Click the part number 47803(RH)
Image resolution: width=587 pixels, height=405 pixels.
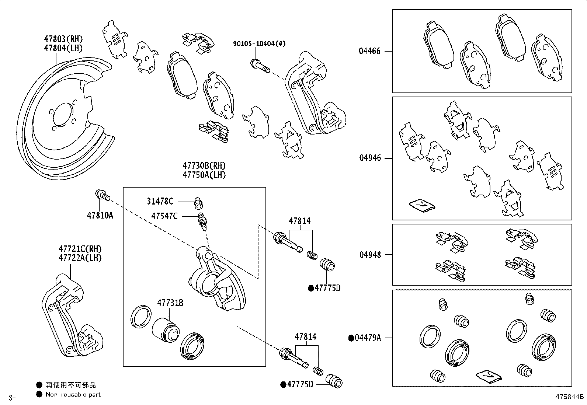click(x=63, y=39)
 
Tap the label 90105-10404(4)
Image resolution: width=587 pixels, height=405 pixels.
click(x=259, y=43)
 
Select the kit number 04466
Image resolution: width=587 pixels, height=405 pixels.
click(x=369, y=51)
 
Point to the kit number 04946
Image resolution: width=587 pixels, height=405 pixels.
click(x=370, y=158)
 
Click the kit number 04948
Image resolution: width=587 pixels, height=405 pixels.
click(x=370, y=255)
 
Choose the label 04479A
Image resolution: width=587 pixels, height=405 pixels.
click(x=367, y=338)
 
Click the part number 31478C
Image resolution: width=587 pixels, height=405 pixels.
click(x=160, y=201)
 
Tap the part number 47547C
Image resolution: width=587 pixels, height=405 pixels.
click(x=164, y=216)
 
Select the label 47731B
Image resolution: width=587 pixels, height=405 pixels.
click(x=170, y=303)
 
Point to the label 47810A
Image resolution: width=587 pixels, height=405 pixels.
click(x=100, y=215)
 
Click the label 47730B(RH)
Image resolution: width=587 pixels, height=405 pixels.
click(x=204, y=165)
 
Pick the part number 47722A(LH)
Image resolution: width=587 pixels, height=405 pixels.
click(x=80, y=258)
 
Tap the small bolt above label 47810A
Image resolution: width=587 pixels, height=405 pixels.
click(x=103, y=195)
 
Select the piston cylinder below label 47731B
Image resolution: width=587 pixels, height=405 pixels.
click(x=166, y=330)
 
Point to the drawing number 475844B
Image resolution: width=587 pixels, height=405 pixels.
click(x=569, y=397)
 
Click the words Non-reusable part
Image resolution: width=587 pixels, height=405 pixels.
click(x=73, y=395)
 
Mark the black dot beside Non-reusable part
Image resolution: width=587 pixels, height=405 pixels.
click(x=39, y=394)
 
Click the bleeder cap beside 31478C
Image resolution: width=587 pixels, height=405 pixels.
click(x=198, y=203)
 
